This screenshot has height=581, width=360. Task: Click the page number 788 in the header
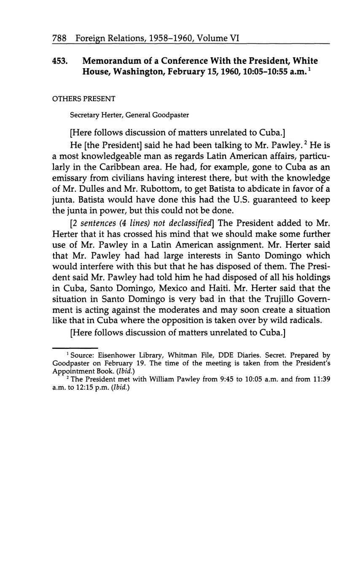[x=59, y=38]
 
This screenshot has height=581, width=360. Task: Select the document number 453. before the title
[x=60, y=61]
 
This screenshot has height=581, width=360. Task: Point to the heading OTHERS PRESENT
[x=83, y=99]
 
